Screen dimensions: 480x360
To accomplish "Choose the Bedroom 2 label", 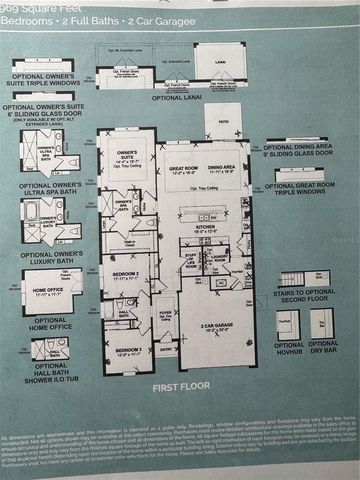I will [x=125, y=273].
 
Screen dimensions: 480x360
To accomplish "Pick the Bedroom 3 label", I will [x=124, y=350].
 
